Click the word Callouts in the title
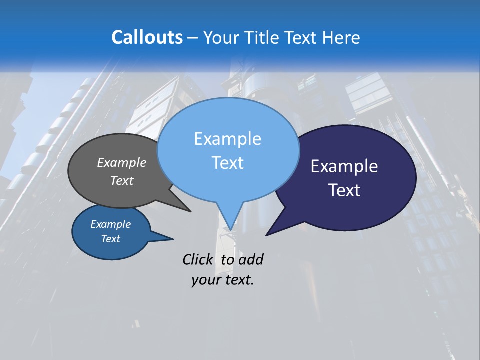pyautogui.click(x=147, y=38)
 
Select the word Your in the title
pyautogui.click(x=222, y=38)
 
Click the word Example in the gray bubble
pyautogui.click(x=122, y=163)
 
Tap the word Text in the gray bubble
pyautogui.click(x=122, y=181)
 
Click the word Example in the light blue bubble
pyautogui.click(x=227, y=139)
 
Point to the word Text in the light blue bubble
pyautogui.click(x=227, y=163)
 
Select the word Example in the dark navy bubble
pyautogui.click(x=344, y=166)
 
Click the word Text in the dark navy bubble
pyautogui.click(x=344, y=190)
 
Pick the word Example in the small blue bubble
pyautogui.click(x=111, y=224)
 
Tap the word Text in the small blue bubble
pyautogui.click(x=111, y=239)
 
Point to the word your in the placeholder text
pyautogui.click(x=205, y=280)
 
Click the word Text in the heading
pyautogui.click(x=301, y=38)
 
